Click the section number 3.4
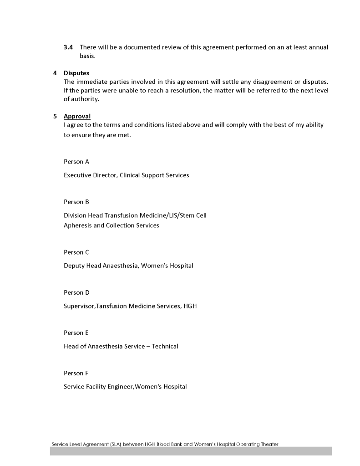tap(68, 47)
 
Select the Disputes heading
tap(76, 73)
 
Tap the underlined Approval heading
tap(77, 116)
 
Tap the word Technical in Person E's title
tap(165, 347)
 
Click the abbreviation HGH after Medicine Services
tap(190, 306)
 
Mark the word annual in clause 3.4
tap(318, 47)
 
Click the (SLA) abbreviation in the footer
tap(116, 444)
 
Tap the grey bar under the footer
tap(191, 451)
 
